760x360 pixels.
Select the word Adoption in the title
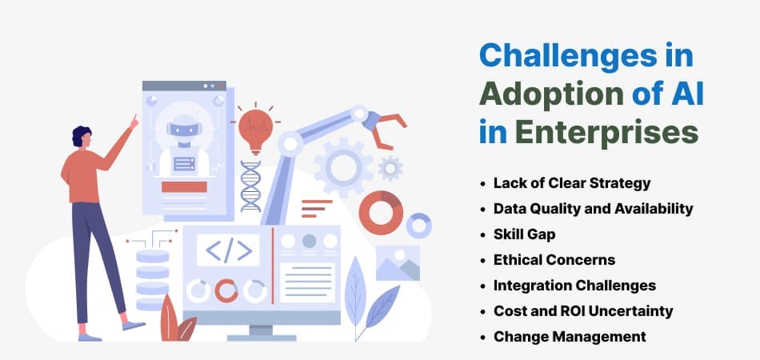click(551, 94)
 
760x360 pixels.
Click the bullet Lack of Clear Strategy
click(572, 183)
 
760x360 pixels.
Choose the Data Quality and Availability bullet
click(594, 209)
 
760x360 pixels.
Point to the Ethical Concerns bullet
click(554, 260)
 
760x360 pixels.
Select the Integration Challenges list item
click(575, 286)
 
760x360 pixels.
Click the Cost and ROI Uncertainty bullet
click(583, 310)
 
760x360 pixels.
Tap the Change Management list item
click(570, 336)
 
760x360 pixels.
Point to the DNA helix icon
click(250, 186)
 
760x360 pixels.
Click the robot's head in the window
click(184, 128)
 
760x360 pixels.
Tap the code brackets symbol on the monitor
click(228, 250)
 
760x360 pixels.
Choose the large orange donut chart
click(381, 213)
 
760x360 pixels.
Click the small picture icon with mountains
click(398, 263)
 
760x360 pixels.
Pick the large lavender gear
click(342, 166)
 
